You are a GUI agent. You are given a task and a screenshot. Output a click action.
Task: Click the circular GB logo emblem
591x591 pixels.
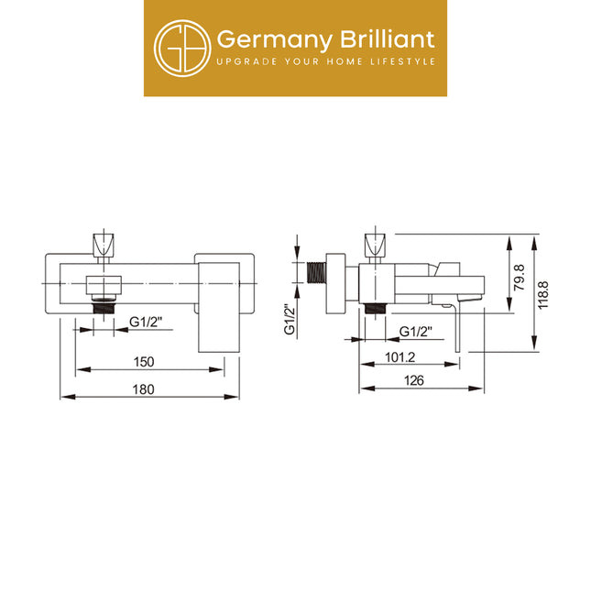coord(182,49)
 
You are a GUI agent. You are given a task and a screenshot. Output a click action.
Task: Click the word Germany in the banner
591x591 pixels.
coord(275,40)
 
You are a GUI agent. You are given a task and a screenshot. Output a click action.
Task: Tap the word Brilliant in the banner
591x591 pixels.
coord(388,38)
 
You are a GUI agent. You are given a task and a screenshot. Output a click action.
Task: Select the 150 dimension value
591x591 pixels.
coord(144,362)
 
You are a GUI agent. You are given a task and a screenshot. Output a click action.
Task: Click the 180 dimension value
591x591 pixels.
coord(144,389)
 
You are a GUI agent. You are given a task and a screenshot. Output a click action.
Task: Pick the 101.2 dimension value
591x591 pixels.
coord(399,357)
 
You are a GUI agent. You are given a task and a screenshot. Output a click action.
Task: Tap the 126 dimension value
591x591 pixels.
coord(414,380)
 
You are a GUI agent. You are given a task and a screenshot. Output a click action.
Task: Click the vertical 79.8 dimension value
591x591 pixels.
coord(520,277)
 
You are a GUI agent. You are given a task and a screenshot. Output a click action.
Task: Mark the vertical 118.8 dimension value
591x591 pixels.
coord(543,295)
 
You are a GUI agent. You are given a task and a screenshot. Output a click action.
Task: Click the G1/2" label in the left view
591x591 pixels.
coord(146,322)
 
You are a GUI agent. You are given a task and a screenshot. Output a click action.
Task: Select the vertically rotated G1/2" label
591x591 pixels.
coord(290,319)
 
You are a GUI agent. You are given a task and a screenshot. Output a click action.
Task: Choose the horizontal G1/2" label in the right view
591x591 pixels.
coord(416,332)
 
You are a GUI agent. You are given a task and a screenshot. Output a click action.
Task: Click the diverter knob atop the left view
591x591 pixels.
coord(104,245)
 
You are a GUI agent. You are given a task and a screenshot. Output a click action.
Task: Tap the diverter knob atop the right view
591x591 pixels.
coord(375,245)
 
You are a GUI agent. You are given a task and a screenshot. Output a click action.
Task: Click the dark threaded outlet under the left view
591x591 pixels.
coord(104,306)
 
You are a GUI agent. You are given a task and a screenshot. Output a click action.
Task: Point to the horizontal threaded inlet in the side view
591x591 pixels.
coord(317,272)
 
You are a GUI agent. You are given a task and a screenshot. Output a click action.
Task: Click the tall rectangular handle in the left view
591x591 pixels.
coord(219,307)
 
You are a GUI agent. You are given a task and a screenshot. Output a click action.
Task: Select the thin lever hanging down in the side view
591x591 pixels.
coord(457,327)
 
